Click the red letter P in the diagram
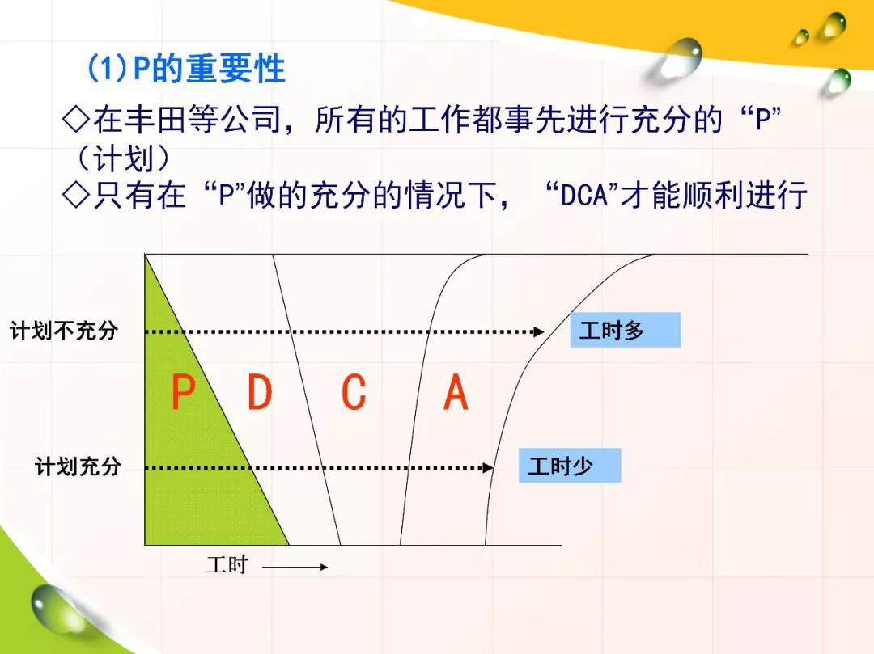pos(183,392)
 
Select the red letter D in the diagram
pos(260,392)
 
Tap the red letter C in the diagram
pos(354,392)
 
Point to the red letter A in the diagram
pos(456,392)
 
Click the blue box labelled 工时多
pos(625,330)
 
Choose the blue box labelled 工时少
pos(570,466)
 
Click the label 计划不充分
pos(64,330)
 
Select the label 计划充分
pos(78,466)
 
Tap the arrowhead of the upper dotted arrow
pos(538,331)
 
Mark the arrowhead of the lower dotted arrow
pos(488,467)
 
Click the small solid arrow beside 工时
pos(295,568)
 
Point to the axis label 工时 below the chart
pos(227,564)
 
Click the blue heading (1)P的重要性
pos(186,69)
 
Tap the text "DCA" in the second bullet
pos(583,195)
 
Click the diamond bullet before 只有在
pos(76,195)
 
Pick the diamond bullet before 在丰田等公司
pos(76,119)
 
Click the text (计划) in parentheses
pos(123,158)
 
